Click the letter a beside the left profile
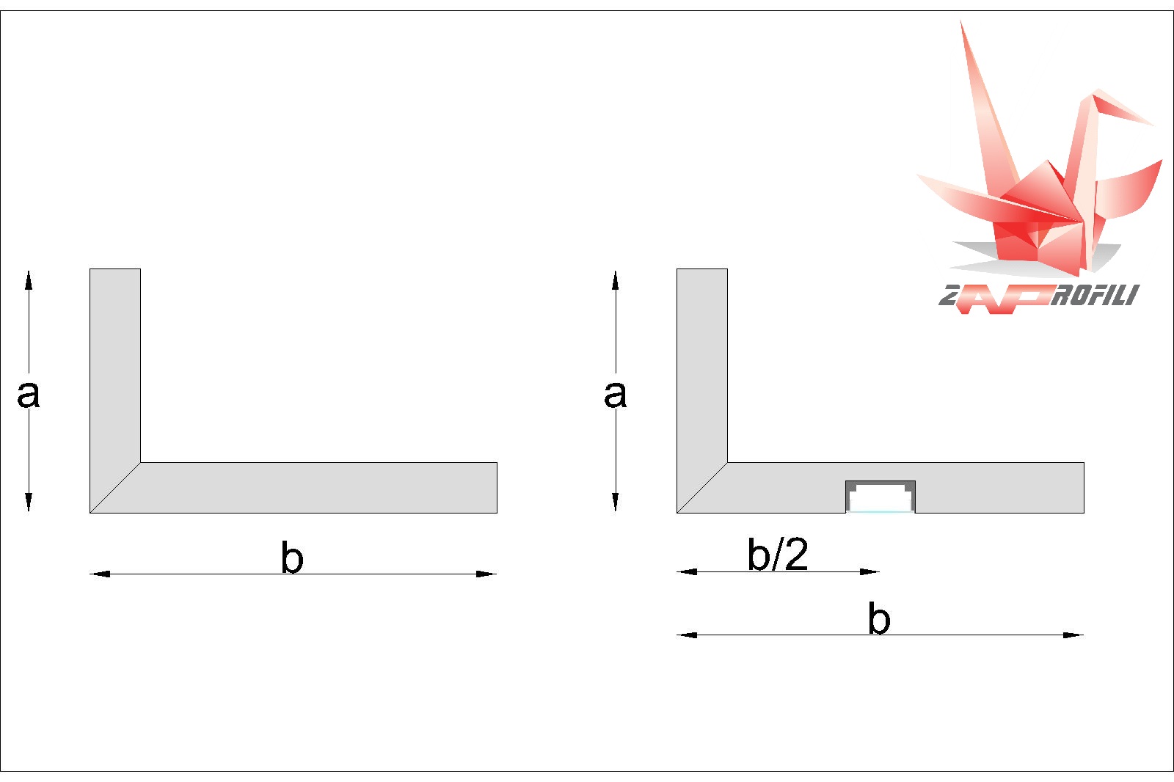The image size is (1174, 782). point(29,395)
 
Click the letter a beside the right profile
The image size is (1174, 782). point(616,395)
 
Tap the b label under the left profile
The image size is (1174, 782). point(292,557)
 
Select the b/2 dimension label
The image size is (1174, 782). point(778,553)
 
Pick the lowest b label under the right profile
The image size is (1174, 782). point(879,618)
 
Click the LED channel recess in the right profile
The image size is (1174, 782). point(880,497)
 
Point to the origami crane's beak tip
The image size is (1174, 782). point(1153,125)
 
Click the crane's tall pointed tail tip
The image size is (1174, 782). point(960,21)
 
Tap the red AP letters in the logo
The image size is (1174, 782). point(1004,299)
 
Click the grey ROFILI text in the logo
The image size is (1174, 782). point(1095,295)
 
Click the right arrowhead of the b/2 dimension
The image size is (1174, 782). point(870,571)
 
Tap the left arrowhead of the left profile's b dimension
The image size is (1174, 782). point(100,574)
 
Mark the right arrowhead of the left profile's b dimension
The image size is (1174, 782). point(486,574)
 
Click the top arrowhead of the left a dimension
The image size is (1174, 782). point(29,280)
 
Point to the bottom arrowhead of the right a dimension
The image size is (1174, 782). point(616,502)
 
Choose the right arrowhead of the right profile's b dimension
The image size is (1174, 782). point(1073,635)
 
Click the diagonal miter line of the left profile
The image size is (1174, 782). point(115,487)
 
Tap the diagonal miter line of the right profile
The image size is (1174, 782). point(702,487)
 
